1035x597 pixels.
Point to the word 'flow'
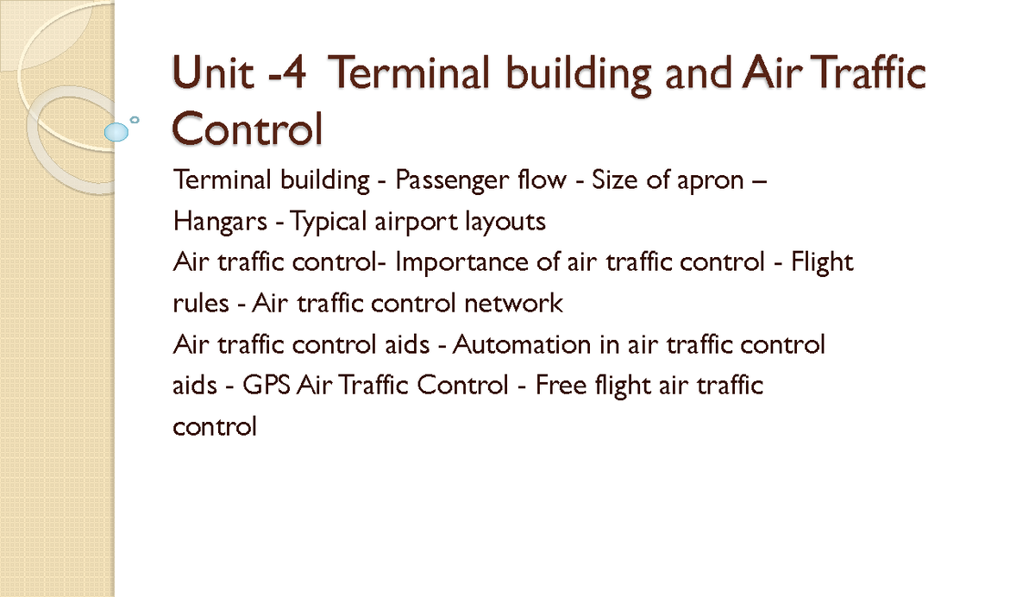(543, 181)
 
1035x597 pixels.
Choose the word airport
(414, 223)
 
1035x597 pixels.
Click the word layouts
(505, 223)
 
